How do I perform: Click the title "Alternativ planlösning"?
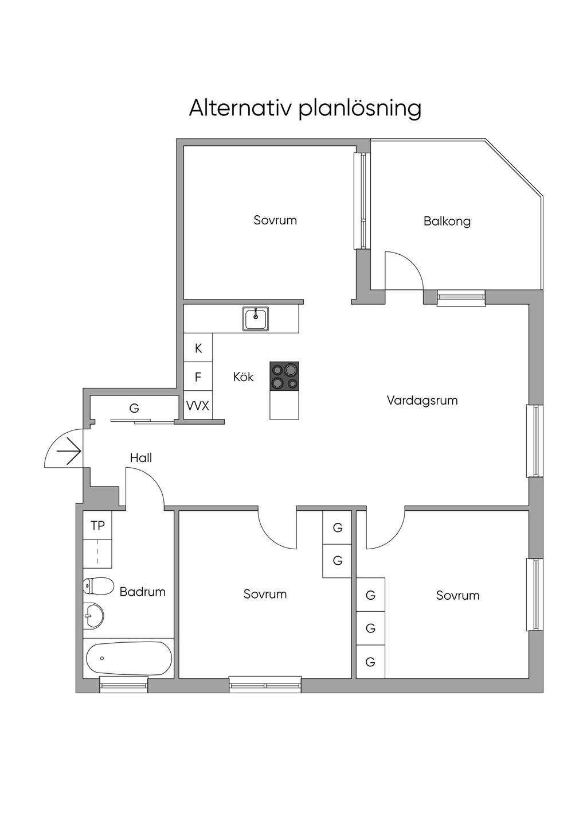305,108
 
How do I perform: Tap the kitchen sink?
255,319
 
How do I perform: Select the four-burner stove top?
284,376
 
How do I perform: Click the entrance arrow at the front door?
69,451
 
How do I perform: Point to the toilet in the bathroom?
97,587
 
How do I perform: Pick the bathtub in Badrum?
128,659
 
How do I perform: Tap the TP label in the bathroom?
97,525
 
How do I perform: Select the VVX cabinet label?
198,406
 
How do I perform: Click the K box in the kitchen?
198,348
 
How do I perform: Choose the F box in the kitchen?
198,377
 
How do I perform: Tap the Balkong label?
447,221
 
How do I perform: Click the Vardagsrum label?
422,401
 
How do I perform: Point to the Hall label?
141,458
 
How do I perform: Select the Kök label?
243,377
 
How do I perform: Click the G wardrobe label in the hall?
134,409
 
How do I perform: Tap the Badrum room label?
142,592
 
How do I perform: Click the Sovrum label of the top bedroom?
275,220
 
